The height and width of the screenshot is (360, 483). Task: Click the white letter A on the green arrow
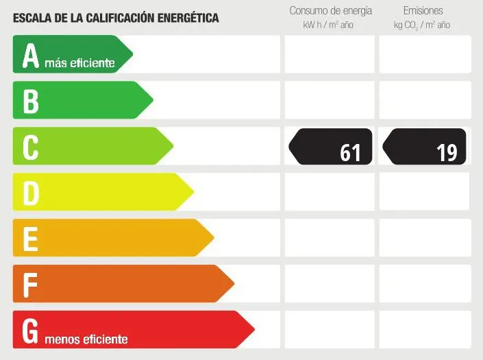(30, 56)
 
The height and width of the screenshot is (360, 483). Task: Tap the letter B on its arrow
(30, 101)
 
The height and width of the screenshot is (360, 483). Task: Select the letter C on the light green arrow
(30, 147)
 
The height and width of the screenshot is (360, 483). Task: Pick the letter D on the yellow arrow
(31, 193)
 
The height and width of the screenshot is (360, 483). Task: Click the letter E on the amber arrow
(30, 239)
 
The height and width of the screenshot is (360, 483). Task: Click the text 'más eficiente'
(79, 63)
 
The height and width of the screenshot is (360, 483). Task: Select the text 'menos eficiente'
(86, 339)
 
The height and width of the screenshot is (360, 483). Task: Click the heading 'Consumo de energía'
(330, 11)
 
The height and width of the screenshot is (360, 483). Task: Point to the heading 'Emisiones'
(423, 11)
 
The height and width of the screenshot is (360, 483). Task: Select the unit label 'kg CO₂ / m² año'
(422, 25)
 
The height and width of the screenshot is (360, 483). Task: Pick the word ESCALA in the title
(31, 18)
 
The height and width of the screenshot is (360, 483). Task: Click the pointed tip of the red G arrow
(254, 329)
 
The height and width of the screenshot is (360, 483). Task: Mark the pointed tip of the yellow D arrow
(193, 191)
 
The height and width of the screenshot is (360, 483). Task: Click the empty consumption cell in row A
(330, 54)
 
